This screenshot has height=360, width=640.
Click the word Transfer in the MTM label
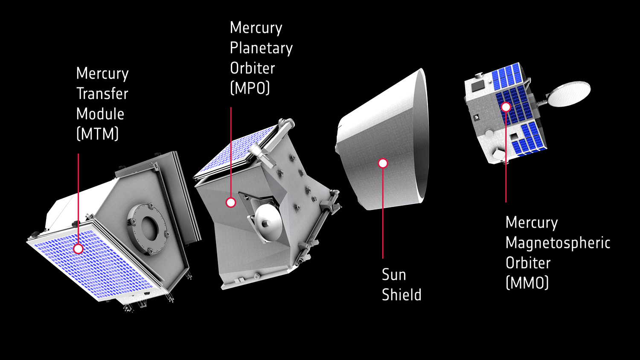click(102, 94)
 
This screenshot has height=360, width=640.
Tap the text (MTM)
click(97, 134)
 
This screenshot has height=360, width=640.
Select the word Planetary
click(261, 48)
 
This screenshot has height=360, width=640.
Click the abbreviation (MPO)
click(250, 88)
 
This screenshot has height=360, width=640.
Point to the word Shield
click(401, 295)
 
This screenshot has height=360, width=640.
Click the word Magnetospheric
click(558, 243)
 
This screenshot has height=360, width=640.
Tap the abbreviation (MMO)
click(527, 283)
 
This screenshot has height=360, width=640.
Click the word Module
click(100, 114)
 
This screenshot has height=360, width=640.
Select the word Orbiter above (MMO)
click(528, 263)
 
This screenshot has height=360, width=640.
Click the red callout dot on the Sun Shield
click(383, 163)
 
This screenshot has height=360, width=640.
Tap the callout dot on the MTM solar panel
click(78, 249)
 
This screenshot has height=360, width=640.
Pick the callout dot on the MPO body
click(231, 202)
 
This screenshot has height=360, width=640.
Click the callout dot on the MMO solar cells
click(506, 107)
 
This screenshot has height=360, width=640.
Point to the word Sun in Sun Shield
click(393, 275)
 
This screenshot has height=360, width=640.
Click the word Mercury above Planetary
click(256, 28)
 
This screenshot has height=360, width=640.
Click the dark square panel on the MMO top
click(477, 87)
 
